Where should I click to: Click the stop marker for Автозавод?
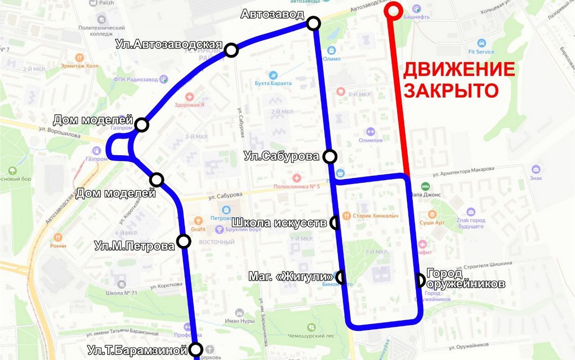coord(313,23)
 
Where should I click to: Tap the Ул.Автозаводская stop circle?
coord(231,50)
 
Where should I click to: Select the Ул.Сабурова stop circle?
coord(330,156)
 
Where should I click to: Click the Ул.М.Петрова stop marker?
coord(184,241)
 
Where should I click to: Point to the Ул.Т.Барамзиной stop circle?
coord(196,349)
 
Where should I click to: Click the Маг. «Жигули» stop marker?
coord(341,277)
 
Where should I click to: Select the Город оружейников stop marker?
coord(420,280)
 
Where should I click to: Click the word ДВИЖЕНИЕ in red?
coord(459,70)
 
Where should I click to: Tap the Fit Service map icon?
coord(481,43)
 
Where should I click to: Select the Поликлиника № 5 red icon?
coord(297,178)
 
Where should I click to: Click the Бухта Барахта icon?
coord(273,75)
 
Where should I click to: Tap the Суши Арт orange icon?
coord(432,215)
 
